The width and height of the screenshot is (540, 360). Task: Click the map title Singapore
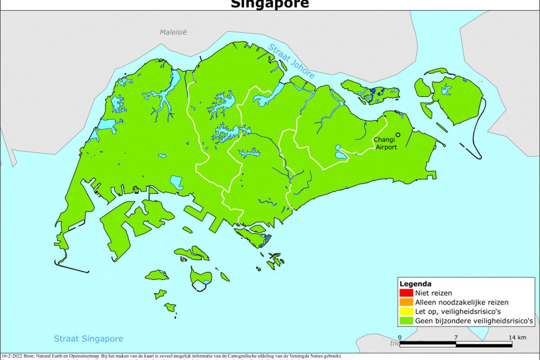(270, 4)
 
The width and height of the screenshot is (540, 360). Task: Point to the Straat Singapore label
(88, 339)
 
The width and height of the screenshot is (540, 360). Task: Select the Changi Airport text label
(385, 143)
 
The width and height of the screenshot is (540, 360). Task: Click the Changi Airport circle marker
(398, 135)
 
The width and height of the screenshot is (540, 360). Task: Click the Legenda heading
(415, 284)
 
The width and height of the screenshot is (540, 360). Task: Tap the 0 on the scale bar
(400, 337)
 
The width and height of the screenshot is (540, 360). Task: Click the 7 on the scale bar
(456, 337)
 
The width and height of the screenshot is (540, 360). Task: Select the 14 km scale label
(517, 337)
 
